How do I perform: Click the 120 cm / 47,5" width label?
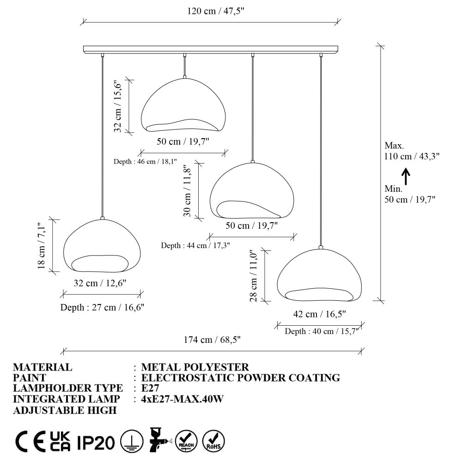tap(216, 11)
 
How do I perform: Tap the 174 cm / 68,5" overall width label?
tap(212, 340)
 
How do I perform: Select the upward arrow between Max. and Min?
tap(406, 176)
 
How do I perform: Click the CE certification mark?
tap(30, 441)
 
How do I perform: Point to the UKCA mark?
tap(60, 441)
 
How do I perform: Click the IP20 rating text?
tap(96, 443)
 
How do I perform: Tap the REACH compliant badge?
tap(186, 441)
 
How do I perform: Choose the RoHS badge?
tap(213, 441)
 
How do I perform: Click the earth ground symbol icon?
tap(132, 441)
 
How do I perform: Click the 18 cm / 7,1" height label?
tap(42, 246)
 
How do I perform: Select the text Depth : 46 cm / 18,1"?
tap(145, 161)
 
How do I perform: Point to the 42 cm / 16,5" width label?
tap(319, 314)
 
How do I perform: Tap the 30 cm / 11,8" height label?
tap(188, 191)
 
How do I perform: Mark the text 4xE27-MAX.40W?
tap(182, 399)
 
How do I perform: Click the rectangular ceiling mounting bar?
tap(211, 49)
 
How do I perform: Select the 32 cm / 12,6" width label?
tap(100, 283)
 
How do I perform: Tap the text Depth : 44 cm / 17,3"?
tap(195, 245)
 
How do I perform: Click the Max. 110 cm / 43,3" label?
tap(412, 151)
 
